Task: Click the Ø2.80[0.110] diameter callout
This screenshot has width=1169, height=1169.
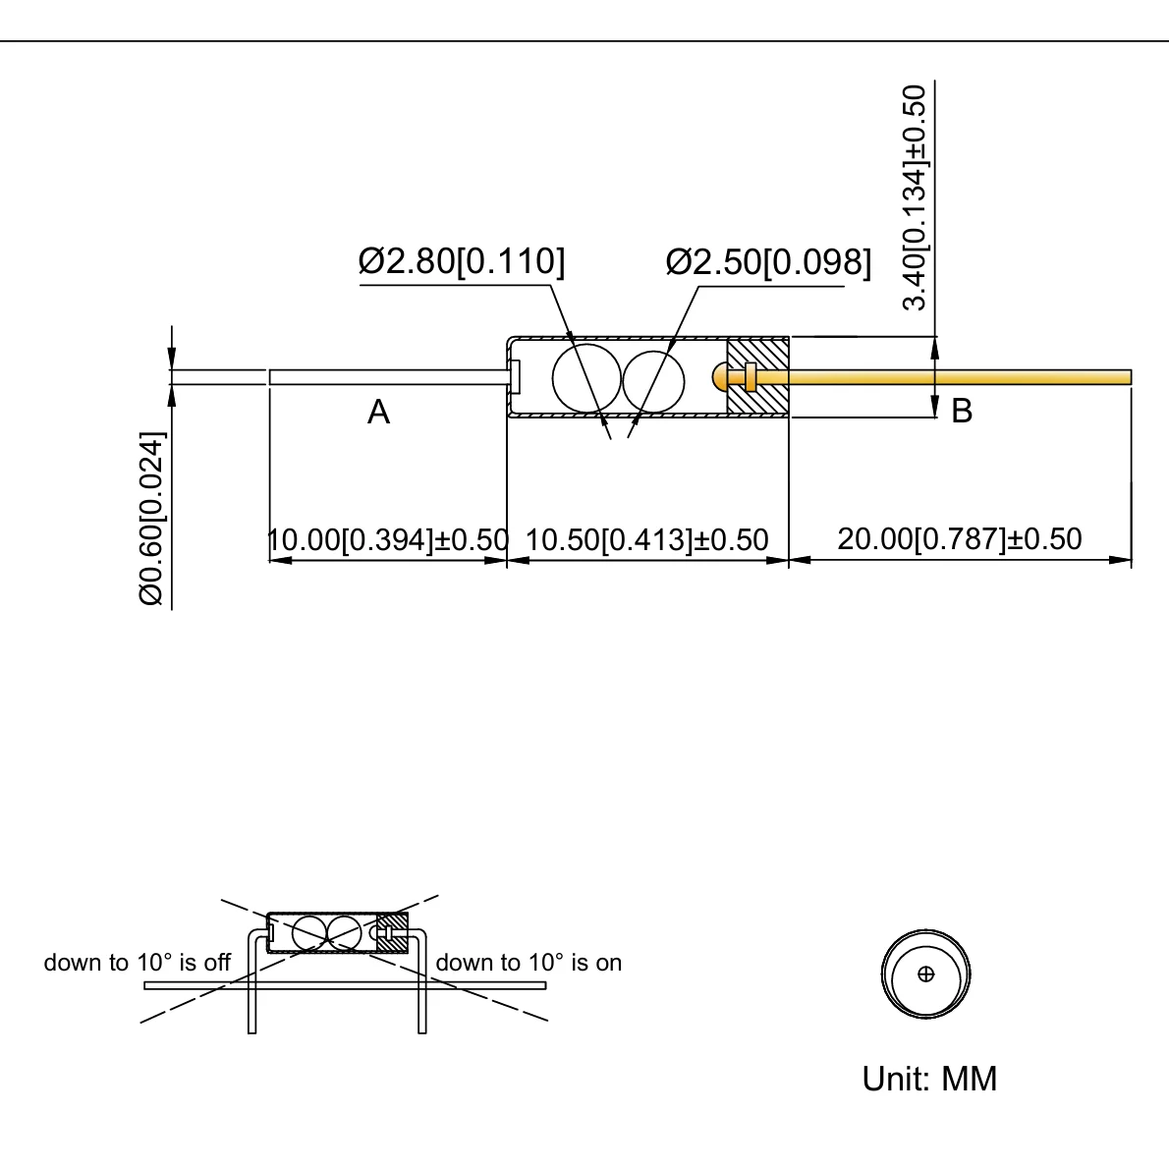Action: coord(462,262)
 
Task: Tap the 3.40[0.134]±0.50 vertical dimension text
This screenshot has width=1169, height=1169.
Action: coord(915,197)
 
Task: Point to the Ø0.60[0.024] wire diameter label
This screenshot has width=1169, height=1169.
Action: coord(151,518)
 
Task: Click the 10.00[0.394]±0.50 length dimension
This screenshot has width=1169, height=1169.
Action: coord(388,539)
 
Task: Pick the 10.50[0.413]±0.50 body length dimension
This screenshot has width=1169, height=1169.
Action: coord(646,539)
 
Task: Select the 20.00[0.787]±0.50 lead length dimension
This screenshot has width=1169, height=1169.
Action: coord(959,538)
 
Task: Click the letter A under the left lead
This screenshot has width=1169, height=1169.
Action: coord(378,413)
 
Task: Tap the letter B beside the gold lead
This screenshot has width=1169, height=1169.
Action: coord(962,411)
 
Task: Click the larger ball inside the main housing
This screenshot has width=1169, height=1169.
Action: coord(586,378)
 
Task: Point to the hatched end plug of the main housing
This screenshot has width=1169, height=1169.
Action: coord(757,377)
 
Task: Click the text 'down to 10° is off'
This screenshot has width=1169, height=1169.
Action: coord(137,963)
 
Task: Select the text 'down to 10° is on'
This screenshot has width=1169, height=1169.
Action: coord(529,963)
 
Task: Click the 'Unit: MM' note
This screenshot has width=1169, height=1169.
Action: coord(929,1079)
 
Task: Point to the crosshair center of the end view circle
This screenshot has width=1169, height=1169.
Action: coord(925,974)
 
